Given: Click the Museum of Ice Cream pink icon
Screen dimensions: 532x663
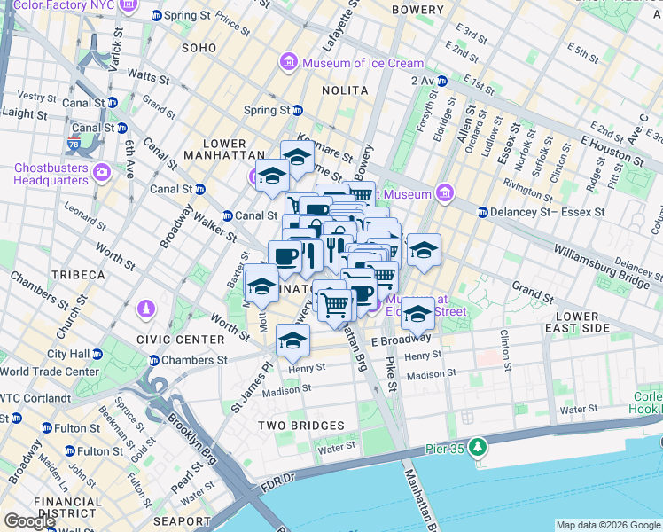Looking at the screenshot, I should coord(289,63).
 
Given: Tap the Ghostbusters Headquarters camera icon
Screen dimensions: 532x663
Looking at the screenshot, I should coord(101,170).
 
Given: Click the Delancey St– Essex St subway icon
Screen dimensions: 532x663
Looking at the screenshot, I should coord(483,212).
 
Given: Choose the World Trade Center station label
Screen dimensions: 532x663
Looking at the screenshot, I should coord(50,372).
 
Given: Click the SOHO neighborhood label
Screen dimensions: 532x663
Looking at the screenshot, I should coord(199,47).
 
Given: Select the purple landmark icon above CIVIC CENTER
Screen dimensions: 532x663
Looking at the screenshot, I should coord(145,310).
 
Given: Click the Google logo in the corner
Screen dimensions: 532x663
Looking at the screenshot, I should coord(29,521).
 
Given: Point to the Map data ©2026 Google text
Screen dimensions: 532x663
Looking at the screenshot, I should coord(608,525).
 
